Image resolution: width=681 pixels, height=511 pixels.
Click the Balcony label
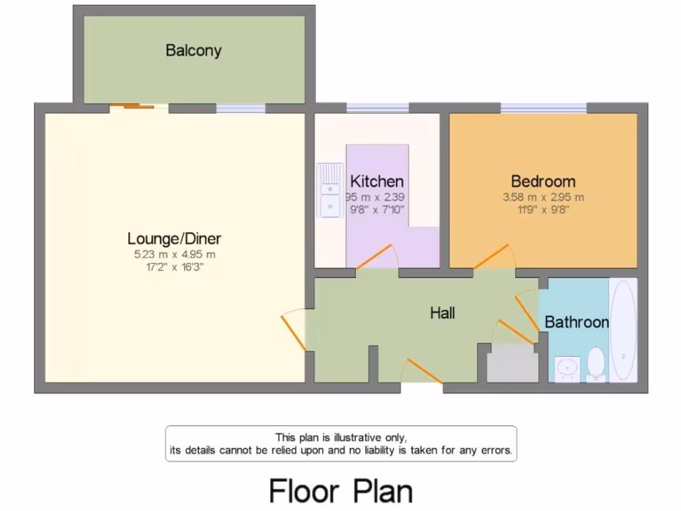click(x=194, y=51)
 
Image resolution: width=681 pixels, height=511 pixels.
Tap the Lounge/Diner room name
click(x=174, y=238)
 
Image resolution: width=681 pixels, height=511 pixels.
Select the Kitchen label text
click(x=377, y=181)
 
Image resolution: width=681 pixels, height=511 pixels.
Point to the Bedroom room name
click(x=543, y=181)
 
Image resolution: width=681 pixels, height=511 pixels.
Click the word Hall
click(x=442, y=312)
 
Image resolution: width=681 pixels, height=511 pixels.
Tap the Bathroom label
click(x=576, y=322)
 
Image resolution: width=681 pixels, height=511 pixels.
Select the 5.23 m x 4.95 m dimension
click(x=174, y=254)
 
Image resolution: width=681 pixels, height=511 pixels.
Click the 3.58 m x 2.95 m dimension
click(x=543, y=197)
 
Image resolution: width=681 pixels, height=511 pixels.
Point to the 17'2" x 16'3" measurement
click(x=174, y=267)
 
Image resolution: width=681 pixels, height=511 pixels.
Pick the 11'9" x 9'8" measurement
click(x=543, y=210)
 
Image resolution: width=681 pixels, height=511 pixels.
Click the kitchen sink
click(x=330, y=190)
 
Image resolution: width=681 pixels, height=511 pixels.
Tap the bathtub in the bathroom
click(x=623, y=330)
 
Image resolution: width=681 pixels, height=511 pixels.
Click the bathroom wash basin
click(x=567, y=368)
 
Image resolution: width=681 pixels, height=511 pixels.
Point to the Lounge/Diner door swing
click(x=293, y=330)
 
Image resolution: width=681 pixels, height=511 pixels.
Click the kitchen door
click(x=376, y=257)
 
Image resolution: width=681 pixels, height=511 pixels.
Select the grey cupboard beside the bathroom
click(x=513, y=364)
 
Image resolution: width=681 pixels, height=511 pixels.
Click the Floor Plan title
click(x=340, y=491)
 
